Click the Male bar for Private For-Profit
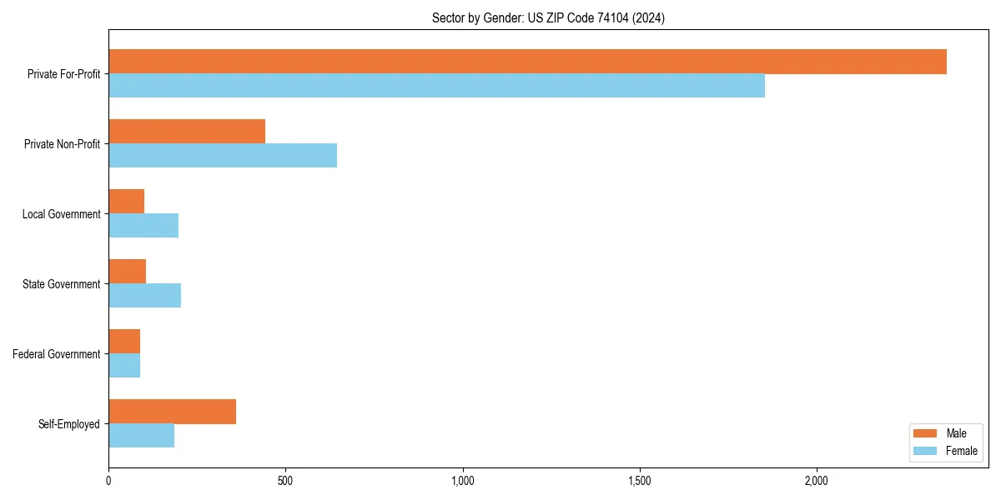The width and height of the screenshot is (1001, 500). coord(527,62)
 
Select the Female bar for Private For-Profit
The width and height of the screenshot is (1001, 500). coord(436,86)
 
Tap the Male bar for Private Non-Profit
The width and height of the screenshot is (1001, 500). coord(187,132)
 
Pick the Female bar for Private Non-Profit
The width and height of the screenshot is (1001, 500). coord(223,156)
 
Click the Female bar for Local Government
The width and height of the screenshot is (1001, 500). coord(143,226)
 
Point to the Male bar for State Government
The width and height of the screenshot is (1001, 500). coord(127,272)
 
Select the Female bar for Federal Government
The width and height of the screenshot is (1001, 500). coord(124,366)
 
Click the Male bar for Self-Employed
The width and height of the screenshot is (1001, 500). coord(172,412)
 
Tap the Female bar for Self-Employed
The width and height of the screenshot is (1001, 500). coord(141,436)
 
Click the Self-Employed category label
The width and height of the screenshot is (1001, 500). coord(69,424)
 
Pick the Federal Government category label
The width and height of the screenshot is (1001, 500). coord(57,354)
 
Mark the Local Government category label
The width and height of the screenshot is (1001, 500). coord(61,214)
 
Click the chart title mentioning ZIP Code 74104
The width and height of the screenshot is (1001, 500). coord(548,17)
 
